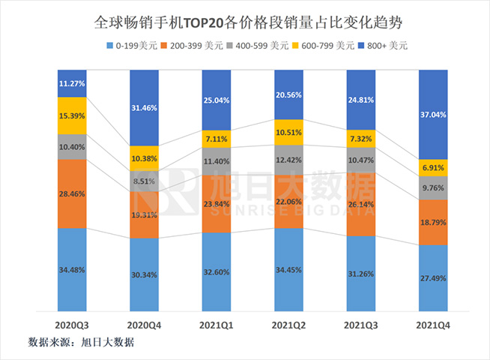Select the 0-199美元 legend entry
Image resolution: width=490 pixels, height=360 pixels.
pyautogui.click(x=136, y=46)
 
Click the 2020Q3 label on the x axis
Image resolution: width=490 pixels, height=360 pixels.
pyautogui.click(x=72, y=326)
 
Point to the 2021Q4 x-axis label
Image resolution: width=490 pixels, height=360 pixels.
pyautogui.click(x=432, y=326)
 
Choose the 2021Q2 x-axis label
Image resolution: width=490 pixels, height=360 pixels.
pyautogui.click(x=288, y=326)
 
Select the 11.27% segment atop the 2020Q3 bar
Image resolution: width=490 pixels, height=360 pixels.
pyautogui.click(x=72, y=84)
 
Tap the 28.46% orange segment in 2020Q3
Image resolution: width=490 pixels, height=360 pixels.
pyautogui.click(x=72, y=193)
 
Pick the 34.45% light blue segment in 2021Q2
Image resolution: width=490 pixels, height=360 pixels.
pyautogui.click(x=288, y=268)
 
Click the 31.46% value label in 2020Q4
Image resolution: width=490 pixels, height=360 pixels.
pyautogui.click(x=144, y=108)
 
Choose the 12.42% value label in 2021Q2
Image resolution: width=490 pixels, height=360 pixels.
pyautogui.click(x=288, y=160)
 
